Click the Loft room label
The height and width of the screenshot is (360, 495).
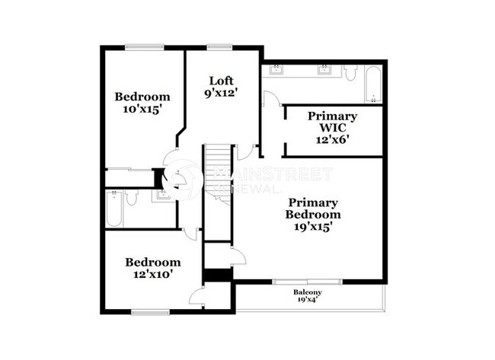221,81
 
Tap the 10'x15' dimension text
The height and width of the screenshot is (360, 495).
142,110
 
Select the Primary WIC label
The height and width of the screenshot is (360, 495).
332,122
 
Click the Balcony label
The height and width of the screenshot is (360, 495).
308,293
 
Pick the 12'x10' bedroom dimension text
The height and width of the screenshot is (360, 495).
152,275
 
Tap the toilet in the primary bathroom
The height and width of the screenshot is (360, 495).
350,73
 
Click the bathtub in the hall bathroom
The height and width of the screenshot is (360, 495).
113,209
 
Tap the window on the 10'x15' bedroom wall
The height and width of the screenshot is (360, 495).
145,48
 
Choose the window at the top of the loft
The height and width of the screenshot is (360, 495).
220,48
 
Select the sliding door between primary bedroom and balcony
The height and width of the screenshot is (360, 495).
308,282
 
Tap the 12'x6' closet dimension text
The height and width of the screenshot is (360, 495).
332,139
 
